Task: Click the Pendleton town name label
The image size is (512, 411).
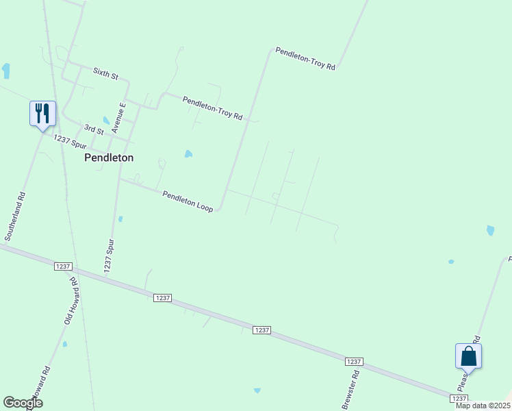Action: point(108,157)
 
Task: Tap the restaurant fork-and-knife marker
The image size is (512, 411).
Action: point(42,113)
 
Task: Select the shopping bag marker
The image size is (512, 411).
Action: point(468,356)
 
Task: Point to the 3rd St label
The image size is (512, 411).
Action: point(94,129)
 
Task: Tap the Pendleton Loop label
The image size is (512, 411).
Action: point(188,201)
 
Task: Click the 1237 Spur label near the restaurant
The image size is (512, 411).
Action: point(71,142)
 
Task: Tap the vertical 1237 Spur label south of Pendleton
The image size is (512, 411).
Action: point(109,256)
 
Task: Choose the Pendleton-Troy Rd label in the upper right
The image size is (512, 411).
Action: point(305,59)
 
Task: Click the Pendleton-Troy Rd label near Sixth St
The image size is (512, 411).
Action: point(213,108)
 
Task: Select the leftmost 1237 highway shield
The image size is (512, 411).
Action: point(62,266)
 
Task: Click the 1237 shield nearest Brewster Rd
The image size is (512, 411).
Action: point(353,361)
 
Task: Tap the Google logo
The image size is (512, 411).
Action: point(23,403)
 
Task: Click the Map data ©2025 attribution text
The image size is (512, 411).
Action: point(483,406)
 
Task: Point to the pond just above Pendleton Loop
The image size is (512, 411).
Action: point(188,154)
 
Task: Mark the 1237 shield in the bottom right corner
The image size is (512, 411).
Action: point(459,397)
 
